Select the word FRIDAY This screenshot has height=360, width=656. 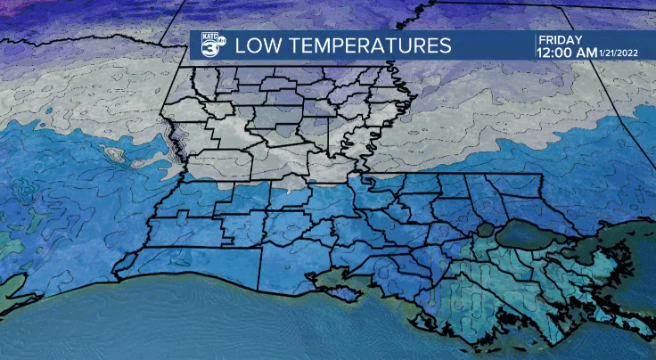point(560,40)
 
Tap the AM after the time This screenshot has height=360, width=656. point(588,53)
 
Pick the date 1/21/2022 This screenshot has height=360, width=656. point(625,53)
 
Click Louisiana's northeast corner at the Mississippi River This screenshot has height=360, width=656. point(391,68)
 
